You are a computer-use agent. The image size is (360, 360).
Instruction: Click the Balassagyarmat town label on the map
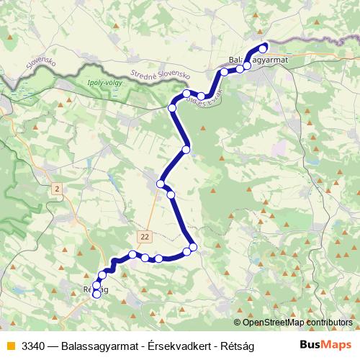click(x=257, y=60)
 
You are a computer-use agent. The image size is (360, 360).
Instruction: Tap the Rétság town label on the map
click(x=96, y=289)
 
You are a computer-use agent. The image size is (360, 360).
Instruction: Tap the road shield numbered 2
click(x=57, y=189)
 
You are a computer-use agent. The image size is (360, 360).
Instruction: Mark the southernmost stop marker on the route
click(x=96, y=294)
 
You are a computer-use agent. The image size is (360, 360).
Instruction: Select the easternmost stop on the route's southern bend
click(x=193, y=247)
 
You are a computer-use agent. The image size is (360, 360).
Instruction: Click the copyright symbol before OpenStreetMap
click(x=238, y=323)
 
